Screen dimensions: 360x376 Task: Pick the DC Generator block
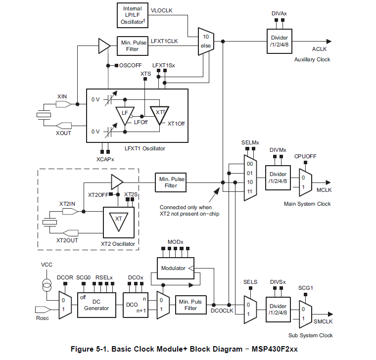(96, 305)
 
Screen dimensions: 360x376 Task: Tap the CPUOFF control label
(305, 157)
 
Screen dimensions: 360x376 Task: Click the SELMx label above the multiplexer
(250, 142)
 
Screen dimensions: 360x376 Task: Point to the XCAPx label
(105, 159)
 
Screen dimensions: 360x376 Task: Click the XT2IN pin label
(67, 204)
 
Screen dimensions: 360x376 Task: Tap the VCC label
(46, 265)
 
